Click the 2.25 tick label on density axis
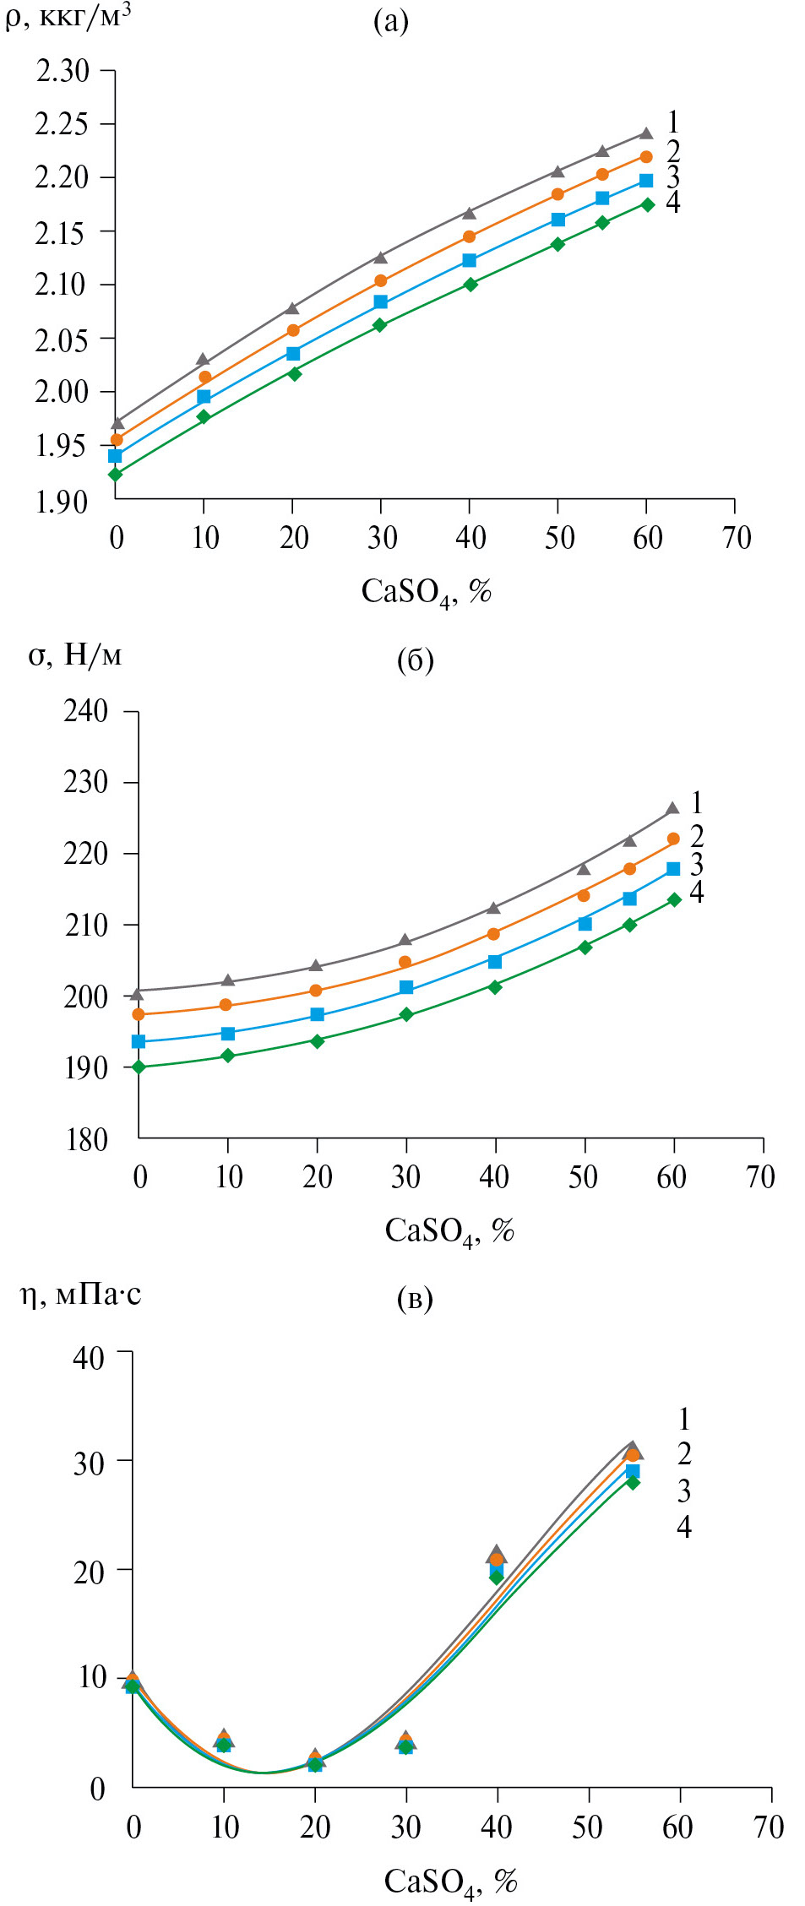coord(61,125)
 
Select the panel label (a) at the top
coord(390,21)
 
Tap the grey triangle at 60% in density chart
coord(646,133)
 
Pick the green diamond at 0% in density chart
coord(116,475)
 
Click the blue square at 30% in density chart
coord(380,301)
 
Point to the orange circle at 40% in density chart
coord(469,236)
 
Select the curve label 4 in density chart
coord(672,203)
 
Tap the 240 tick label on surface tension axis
coord(85,712)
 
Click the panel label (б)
coord(415,660)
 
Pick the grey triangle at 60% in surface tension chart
coord(673,808)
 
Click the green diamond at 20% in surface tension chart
coord(317,1041)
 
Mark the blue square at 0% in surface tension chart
coord(139,1041)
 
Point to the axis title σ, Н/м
coord(75,655)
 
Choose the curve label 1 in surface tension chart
coord(696,802)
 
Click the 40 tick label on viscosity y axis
coord(88,1359)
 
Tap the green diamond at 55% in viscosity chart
coord(632,1482)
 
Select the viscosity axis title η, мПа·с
coord(81,1295)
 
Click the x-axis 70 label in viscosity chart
coord(768,1827)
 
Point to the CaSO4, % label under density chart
coord(426,592)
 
